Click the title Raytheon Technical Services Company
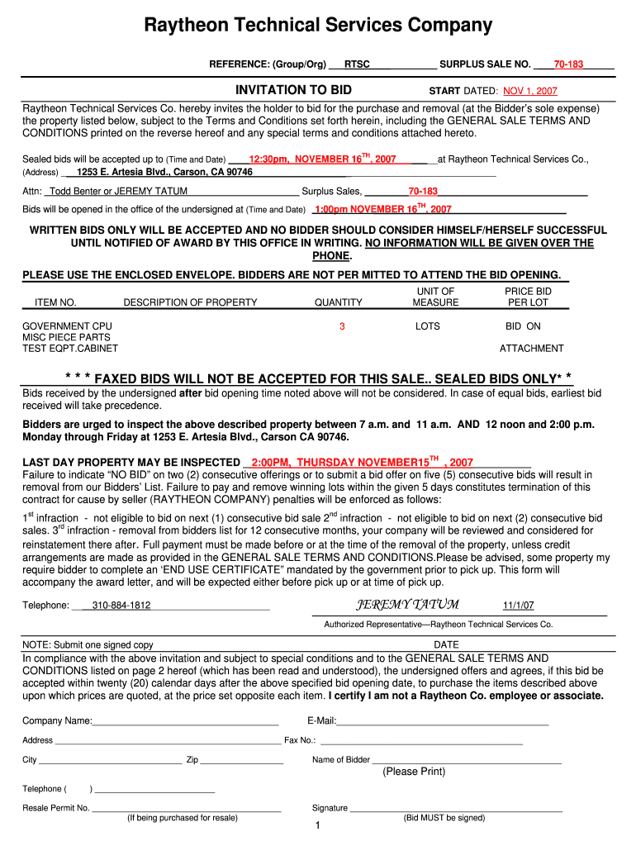point(318,26)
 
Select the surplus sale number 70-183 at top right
point(568,64)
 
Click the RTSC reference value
point(357,64)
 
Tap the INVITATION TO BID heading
point(293,90)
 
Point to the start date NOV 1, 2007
point(530,91)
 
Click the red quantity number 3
point(342,326)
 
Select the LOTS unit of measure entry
point(428,326)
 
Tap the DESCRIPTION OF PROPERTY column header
point(190,302)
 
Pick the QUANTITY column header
point(338,302)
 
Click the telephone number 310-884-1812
point(121,606)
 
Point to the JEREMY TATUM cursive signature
point(407,604)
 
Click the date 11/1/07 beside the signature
point(519,606)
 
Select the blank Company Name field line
point(186,721)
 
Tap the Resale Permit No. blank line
point(186,808)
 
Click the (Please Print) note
point(414,772)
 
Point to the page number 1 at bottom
point(317,826)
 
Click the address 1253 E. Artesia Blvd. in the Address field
point(164,172)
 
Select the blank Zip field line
point(230,760)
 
